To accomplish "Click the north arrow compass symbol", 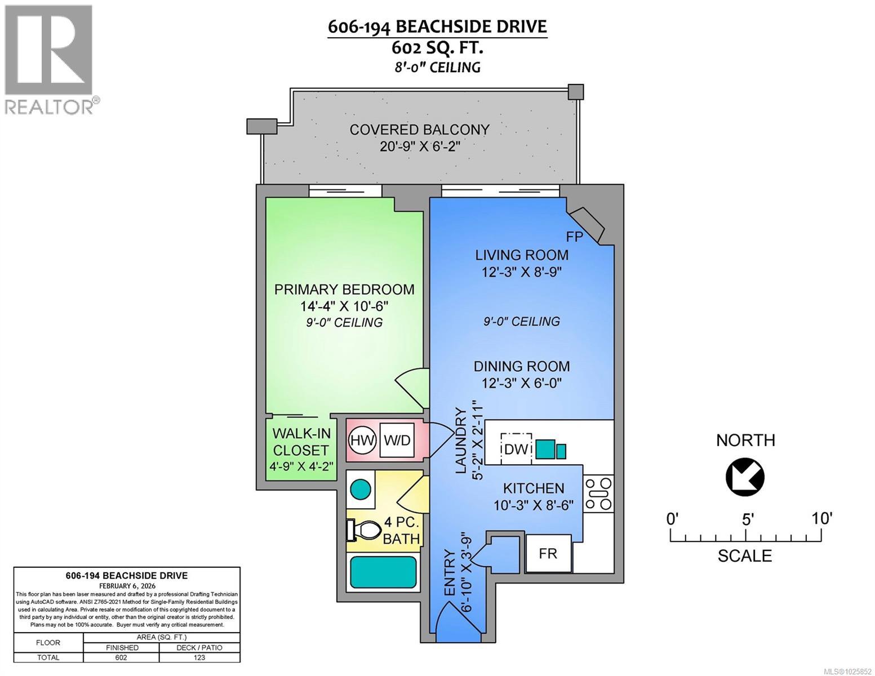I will pos(745,477).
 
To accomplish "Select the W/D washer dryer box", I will pos(397,440).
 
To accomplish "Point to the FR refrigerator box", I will pos(548,553).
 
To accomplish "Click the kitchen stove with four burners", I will pos(598,494).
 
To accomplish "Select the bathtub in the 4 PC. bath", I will pos(384,572).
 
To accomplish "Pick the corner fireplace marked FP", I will pos(586,224).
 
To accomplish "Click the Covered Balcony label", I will pos(419,130).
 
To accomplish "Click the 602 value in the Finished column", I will pos(121,657).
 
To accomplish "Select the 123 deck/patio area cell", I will pos(199,657).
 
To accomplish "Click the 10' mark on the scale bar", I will pos(822,518).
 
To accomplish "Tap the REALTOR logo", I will pos(50,59).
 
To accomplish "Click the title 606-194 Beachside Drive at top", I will pos(437,26).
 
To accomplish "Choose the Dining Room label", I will pos(521,366).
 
